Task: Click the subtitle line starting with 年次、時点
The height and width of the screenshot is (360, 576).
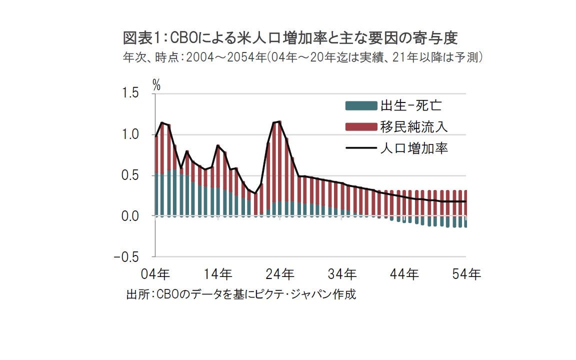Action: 302,57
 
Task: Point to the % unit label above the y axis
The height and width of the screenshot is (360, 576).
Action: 156,84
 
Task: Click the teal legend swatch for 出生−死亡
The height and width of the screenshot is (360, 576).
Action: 360,105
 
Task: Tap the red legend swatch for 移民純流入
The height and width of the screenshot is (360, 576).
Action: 360,126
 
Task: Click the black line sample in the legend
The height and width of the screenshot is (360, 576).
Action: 360,148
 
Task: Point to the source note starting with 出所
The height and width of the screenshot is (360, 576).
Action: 241,294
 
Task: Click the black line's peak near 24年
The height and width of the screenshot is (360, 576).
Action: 279,121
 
